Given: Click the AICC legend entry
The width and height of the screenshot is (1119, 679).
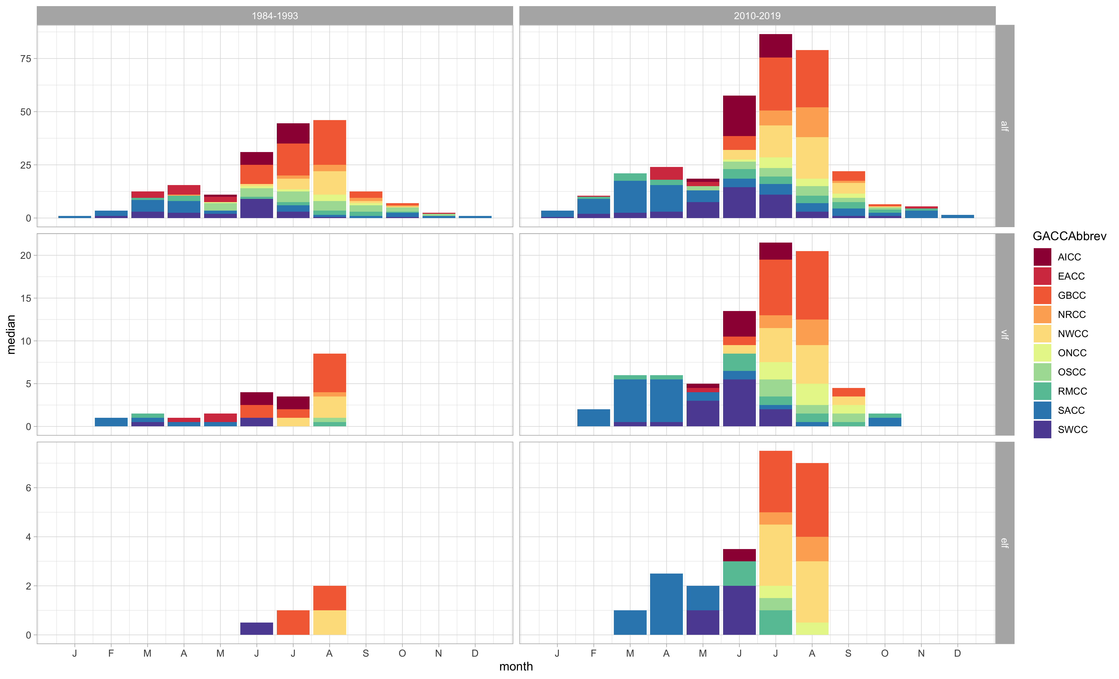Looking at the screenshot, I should tap(1069, 257).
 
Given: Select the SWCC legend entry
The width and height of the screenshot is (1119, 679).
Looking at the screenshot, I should tap(1072, 429).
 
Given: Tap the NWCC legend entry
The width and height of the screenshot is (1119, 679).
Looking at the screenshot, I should tap(1072, 334).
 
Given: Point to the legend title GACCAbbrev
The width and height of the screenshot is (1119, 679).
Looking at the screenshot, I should tap(1069, 236).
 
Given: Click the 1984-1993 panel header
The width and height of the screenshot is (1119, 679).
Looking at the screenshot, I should tap(275, 16).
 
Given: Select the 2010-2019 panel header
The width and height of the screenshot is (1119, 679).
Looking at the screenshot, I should tap(757, 16).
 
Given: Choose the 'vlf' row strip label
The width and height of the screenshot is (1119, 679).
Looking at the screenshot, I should tap(1004, 334).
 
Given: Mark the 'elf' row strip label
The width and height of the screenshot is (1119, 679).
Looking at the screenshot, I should tap(1004, 543).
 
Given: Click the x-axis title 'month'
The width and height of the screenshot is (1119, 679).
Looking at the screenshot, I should tap(516, 666).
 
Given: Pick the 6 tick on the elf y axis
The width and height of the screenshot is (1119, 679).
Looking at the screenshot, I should tap(28, 488).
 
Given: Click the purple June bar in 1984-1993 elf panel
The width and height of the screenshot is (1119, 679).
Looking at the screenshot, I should tap(257, 629).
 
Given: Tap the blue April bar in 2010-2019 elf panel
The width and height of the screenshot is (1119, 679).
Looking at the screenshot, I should tap(666, 604).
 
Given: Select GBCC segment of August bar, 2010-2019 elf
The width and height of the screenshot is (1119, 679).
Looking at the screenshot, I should tap(812, 500).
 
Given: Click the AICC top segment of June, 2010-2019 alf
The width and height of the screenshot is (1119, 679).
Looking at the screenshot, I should tap(739, 116).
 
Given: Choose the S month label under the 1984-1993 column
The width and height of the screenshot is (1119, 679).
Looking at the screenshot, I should tap(366, 654).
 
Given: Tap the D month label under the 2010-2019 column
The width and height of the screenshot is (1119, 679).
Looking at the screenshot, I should tap(957, 654).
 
